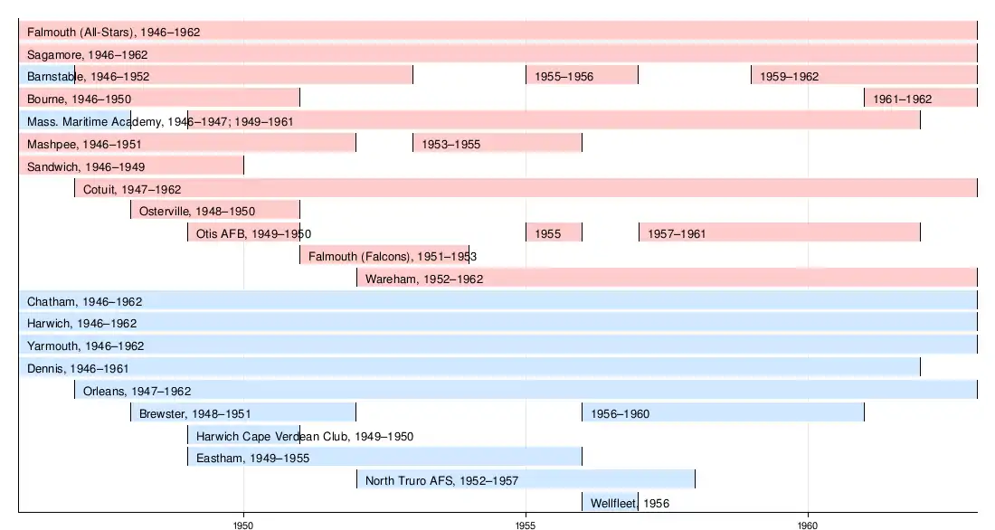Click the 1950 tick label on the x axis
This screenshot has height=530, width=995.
coord(243,522)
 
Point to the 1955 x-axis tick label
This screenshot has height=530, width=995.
coord(526,522)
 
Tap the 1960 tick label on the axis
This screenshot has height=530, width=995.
coord(808,522)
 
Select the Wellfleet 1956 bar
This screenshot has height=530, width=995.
coord(610,502)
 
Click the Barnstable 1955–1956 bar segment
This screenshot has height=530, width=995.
coord(582,75)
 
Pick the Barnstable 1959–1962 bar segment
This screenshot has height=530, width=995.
coord(863,75)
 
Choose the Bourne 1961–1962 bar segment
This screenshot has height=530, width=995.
coord(920,98)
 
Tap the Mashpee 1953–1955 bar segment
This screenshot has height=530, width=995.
coord(497,143)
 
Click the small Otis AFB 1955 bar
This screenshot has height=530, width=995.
coord(554,233)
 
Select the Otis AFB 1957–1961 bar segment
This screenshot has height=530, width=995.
coord(779,233)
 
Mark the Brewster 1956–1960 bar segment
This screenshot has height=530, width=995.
coord(723,412)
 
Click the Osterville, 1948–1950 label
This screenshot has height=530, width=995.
coord(196,211)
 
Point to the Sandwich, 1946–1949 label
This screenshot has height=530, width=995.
coord(86,166)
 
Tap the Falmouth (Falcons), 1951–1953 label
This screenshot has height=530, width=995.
coord(393,256)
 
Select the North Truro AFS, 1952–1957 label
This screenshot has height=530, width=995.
coord(441,480)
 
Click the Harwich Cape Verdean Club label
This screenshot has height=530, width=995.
coord(305,436)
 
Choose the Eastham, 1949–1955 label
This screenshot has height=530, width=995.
coord(252,458)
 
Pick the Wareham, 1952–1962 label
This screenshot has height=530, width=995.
coord(423,279)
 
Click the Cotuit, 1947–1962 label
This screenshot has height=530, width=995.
coord(132,189)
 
